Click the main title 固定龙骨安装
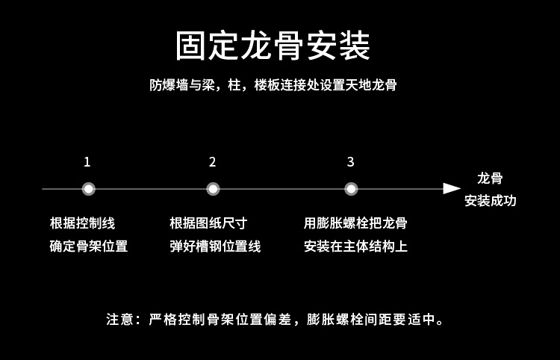[x=273, y=46]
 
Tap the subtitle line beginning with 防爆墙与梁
[x=273, y=85]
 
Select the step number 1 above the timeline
[x=87, y=162]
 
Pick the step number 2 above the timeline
[x=213, y=162]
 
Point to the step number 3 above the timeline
[x=350, y=162]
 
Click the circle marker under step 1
[x=88, y=189]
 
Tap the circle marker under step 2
[x=213, y=189]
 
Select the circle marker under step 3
[x=351, y=189]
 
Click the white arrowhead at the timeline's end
[x=452, y=189]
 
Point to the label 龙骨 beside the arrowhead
[x=490, y=179]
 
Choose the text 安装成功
[x=490, y=201]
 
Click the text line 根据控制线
[x=82, y=223]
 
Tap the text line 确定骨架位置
[x=88, y=246]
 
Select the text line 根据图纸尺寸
[x=208, y=223]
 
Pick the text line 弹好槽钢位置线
[x=215, y=246]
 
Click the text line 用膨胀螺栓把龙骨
[x=355, y=223]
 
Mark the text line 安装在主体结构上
[x=355, y=246]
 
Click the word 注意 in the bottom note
[x=119, y=320]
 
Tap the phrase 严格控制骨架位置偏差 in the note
[x=224, y=320]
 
